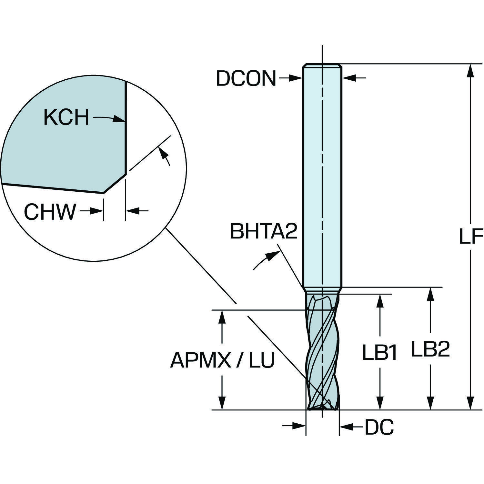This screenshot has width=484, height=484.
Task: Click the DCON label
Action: (x=246, y=78)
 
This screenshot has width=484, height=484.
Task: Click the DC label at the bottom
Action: (x=379, y=427)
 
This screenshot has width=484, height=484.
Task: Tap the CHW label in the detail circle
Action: (x=50, y=212)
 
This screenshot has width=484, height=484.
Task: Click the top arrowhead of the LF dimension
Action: (x=471, y=69)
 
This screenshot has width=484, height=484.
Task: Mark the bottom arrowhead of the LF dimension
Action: (x=471, y=405)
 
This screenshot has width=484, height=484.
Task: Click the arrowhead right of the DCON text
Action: (x=297, y=78)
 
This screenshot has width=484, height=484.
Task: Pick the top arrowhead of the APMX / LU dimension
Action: (x=222, y=316)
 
